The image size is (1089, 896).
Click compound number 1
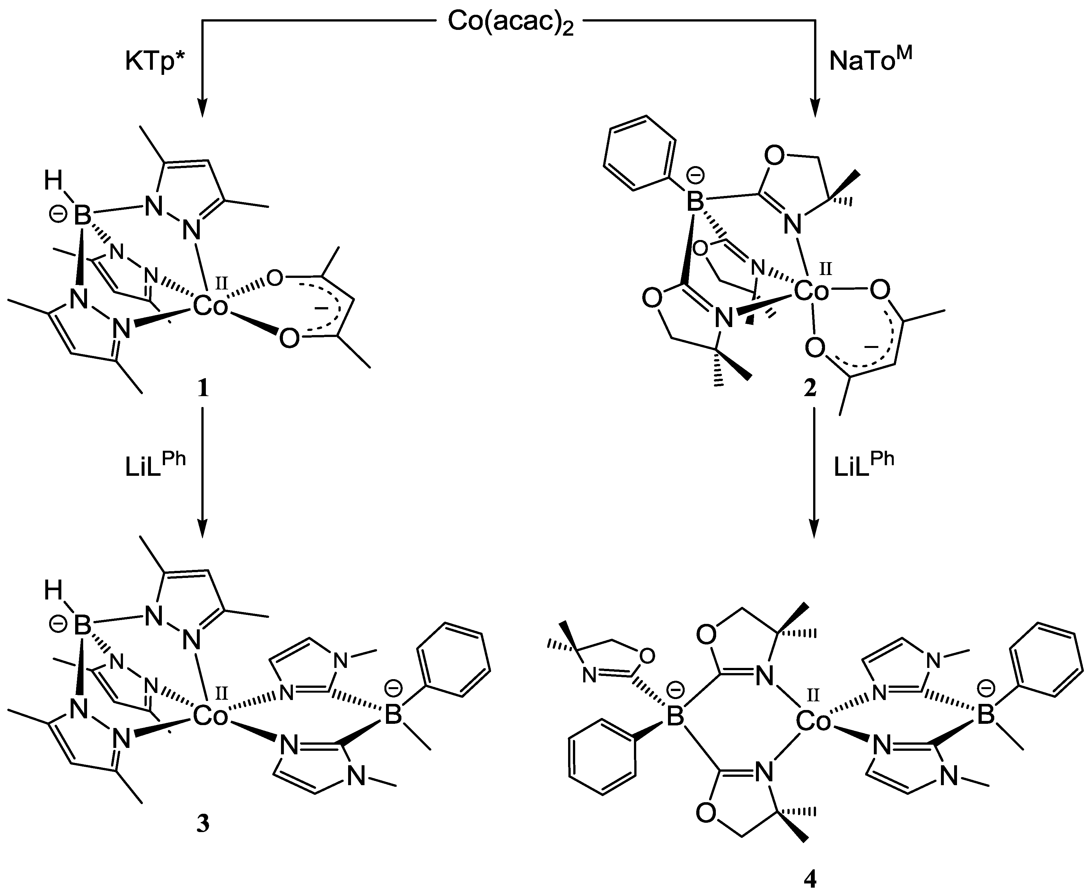click(203, 388)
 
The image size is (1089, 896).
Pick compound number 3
click(203, 824)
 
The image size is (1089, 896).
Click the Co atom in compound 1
click(210, 308)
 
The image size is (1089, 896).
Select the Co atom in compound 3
click(210, 716)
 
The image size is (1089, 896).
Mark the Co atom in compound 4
click(813, 722)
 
